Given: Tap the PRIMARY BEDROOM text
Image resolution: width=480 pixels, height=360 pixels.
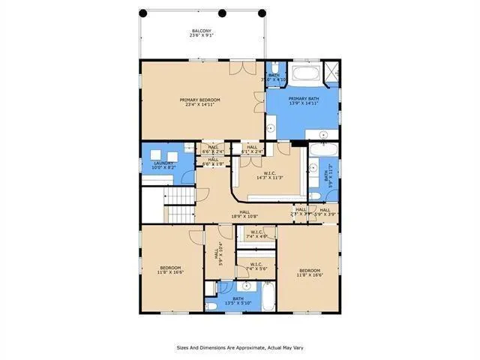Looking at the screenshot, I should pos(199,102).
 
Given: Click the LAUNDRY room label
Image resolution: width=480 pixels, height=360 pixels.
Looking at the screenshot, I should pos(164,165).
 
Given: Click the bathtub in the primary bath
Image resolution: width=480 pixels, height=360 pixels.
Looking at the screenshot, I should pos(306,74).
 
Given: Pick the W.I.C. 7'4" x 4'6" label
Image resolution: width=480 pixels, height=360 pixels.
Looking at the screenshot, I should pos(256,233).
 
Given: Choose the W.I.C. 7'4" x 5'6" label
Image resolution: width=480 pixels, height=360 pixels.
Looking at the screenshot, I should pos(256,265).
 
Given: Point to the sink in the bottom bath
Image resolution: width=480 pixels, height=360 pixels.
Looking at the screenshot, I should pos(246,286).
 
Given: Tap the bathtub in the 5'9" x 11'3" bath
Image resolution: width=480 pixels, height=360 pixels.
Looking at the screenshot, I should pos(316,176).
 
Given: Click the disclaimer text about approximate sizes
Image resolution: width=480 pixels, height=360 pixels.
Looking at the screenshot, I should pos(239,347).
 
